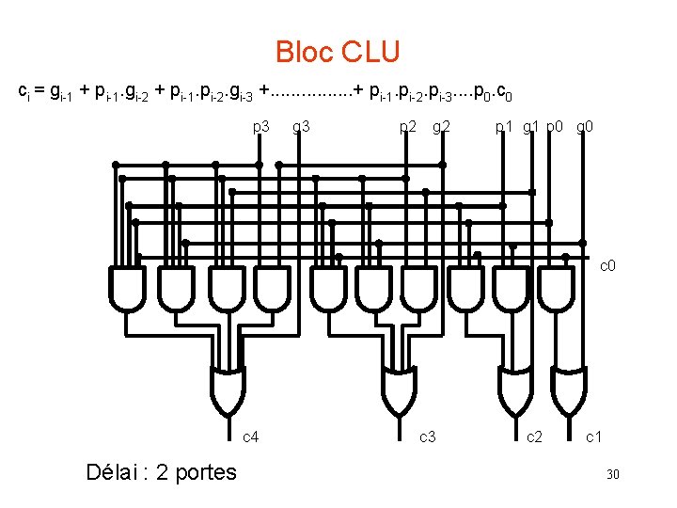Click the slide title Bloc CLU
coord(338,52)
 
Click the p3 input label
coord(261,126)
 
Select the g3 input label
coord(303,126)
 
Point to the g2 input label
coord(442,126)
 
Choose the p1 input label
coord(504,126)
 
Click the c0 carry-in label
coord(608,266)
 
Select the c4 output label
coord(251,437)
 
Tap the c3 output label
coord(427,437)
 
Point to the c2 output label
coord(533,437)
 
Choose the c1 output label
coord(593,437)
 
